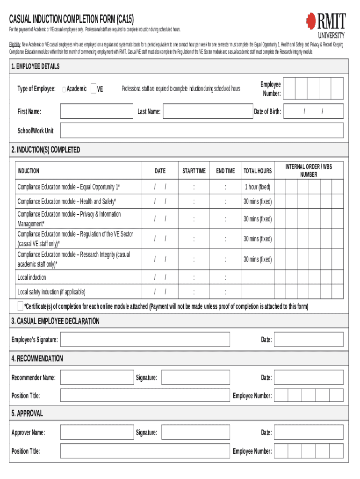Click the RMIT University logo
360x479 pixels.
click(x=326, y=25)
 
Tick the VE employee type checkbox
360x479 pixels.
click(x=94, y=88)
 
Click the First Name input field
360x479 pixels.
click(x=97, y=112)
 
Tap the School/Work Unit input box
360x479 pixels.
click(x=202, y=131)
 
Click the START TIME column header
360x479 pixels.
click(x=194, y=171)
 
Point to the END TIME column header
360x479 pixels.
click(x=225, y=171)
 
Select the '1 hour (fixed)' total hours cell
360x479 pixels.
click(x=257, y=187)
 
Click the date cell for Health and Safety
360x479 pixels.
click(x=160, y=202)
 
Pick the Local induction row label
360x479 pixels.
click(x=32, y=278)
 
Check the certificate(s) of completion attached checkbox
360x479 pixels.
click(x=20, y=306)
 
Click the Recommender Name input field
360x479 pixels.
click(x=97, y=377)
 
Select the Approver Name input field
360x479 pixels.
click(x=97, y=433)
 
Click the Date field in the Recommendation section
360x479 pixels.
click(x=309, y=377)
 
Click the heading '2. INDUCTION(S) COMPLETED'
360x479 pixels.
click(x=45, y=150)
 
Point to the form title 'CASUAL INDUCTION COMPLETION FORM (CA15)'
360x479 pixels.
click(x=72, y=19)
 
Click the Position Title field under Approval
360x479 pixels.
click(x=145, y=451)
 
